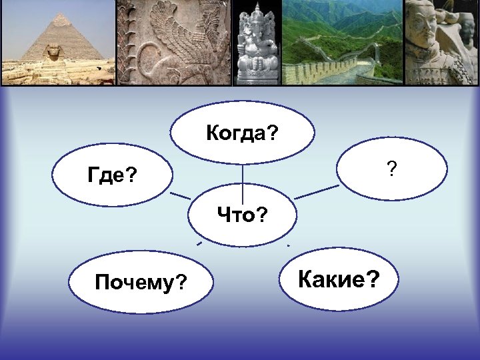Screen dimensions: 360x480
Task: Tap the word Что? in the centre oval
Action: tap(242, 215)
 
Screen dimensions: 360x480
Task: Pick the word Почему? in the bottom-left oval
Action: tap(140, 283)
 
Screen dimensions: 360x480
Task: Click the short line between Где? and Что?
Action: tap(180, 195)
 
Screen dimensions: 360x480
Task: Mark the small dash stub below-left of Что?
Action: tap(199, 245)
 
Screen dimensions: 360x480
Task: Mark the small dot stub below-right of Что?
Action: tap(288, 246)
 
